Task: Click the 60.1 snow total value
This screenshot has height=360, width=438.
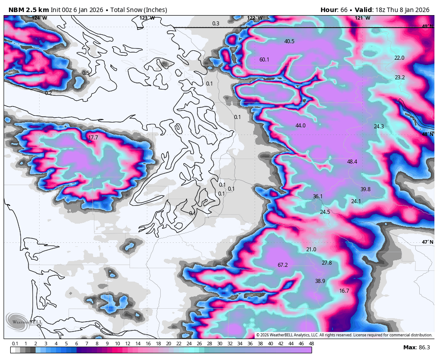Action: click(264, 60)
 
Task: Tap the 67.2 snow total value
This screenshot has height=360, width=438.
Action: click(283, 265)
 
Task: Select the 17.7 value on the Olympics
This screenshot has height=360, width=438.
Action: click(93, 138)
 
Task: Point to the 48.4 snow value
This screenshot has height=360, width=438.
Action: click(352, 162)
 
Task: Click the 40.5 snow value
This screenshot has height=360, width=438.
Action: click(289, 41)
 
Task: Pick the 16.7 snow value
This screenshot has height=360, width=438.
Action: click(344, 291)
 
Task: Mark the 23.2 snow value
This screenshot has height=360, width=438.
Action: click(400, 78)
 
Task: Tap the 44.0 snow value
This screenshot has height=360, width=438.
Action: click(300, 126)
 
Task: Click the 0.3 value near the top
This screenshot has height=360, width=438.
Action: click(216, 24)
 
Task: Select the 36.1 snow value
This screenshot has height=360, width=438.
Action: click(317, 196)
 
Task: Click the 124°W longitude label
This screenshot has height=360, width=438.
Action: click(39, 18)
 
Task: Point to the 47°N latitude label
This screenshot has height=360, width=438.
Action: click(428, 242)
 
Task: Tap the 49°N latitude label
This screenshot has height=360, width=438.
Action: click(428, 27)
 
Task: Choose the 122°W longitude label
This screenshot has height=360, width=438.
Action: click(255, 18)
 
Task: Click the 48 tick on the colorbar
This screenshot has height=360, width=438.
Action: click(311, 344)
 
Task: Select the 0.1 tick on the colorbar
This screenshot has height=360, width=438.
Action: click(15, 344)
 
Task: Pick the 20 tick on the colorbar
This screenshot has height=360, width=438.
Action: click(168, 344)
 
